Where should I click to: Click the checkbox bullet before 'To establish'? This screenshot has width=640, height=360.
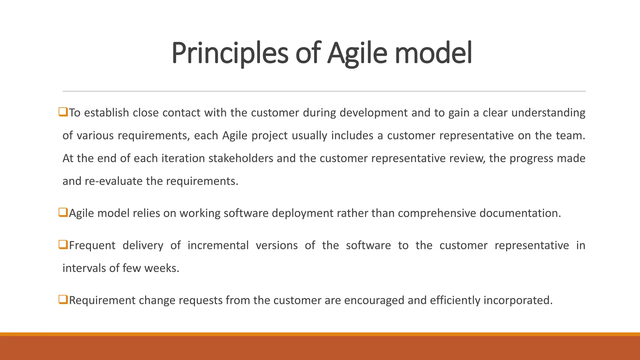point(63,112)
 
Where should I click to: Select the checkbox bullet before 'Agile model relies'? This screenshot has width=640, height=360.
point(63,212)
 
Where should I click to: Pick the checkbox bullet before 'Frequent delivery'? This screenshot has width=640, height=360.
point(63,245)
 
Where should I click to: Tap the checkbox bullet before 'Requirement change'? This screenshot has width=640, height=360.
point(63,300)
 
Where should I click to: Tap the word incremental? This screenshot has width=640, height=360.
point(218,245)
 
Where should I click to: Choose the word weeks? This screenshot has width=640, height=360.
point(161,268)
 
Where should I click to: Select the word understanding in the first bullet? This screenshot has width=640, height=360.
point(548,113)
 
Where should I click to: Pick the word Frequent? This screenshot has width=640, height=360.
point(92,245)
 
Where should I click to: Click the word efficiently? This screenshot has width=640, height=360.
point(455,300)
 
